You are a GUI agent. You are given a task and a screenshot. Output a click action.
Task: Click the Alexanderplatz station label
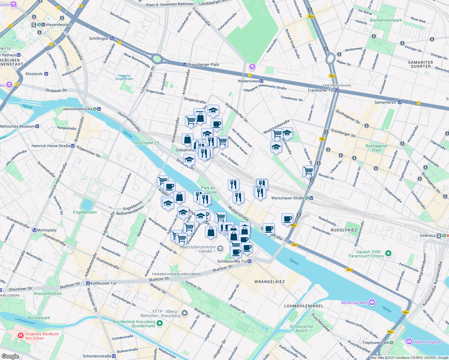pos(55,25)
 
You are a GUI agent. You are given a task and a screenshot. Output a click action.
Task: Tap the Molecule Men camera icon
pos(372,302)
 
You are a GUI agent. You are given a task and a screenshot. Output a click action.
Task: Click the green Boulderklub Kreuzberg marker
pos(160,323)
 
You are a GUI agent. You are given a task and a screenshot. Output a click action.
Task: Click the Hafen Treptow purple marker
pos(409,342)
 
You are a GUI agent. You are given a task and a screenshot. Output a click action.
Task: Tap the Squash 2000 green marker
pos(388,253)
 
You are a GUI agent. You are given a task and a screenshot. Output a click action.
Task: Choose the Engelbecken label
pos(85,212)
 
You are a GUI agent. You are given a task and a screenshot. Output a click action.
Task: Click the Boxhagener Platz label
pos(377,148)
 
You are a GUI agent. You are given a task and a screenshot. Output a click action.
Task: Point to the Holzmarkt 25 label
pos(146,143)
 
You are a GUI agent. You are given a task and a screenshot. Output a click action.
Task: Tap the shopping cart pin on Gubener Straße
pos(308,171)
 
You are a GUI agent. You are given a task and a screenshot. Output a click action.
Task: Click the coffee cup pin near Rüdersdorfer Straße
pos(216,124)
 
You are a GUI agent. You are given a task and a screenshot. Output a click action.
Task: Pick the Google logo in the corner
pos(10,356)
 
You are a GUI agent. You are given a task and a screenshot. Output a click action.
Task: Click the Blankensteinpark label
pos(386,20)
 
